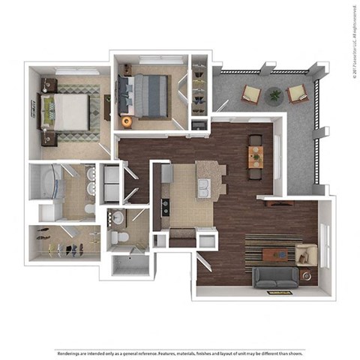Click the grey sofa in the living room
tap(274, 278)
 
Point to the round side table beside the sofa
tap(306, 275)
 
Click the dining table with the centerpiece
tap(256, 157)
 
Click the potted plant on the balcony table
tap(274, 95)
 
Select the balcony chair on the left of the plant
tap(250, 94)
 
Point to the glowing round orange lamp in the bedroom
tap(126, 121)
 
